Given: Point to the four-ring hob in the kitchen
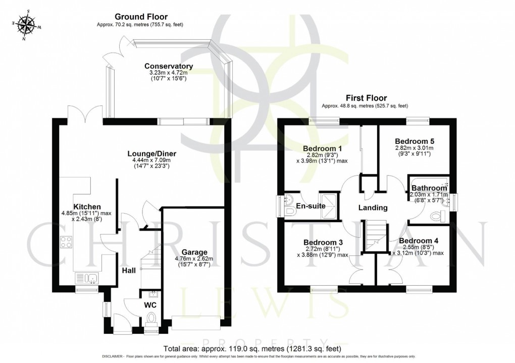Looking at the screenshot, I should pos(67,242).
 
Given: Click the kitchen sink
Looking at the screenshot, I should pos(86,277).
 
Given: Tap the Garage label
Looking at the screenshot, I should pos(195,252).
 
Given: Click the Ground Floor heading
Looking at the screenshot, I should pos(134,17).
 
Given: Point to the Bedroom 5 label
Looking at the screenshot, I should pos(415,141).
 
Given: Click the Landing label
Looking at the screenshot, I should pos(373,208).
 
